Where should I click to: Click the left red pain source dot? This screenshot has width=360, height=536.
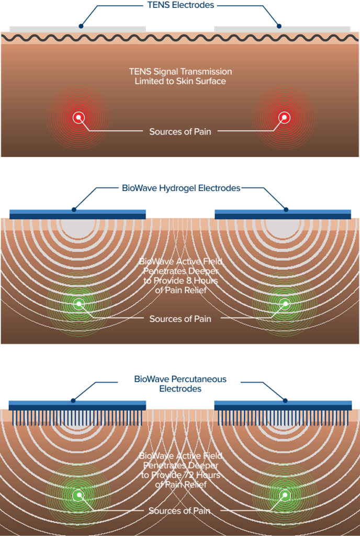(78, 117)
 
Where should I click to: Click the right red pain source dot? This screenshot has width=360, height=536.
(284, 117)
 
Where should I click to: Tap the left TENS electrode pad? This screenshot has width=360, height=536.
(77, 28)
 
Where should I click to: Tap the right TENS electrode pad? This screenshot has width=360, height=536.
(283, 28)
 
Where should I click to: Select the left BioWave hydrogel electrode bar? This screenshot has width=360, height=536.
(77, 214)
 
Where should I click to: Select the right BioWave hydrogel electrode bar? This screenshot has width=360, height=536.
(283, 214)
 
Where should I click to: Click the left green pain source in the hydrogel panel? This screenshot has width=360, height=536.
(78, 303)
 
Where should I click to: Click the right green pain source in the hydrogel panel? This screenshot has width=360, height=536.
(284, 303)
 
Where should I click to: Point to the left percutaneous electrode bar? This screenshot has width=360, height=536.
(77, 405)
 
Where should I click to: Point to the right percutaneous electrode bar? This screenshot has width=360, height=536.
(283, 405)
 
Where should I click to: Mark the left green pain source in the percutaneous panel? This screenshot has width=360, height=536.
(78, 495)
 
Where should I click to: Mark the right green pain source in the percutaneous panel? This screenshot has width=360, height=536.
(284, 495)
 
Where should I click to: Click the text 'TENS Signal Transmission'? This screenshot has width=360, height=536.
(181, 72)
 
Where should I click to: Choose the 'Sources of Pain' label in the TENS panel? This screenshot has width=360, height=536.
(180, 131)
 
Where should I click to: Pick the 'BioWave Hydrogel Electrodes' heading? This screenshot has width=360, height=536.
(181, 188)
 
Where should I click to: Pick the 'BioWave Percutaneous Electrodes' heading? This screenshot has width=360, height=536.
(181, 384)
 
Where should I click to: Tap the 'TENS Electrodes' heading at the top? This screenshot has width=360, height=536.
(181, 5)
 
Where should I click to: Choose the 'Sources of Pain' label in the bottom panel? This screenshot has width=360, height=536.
(180, 510)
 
